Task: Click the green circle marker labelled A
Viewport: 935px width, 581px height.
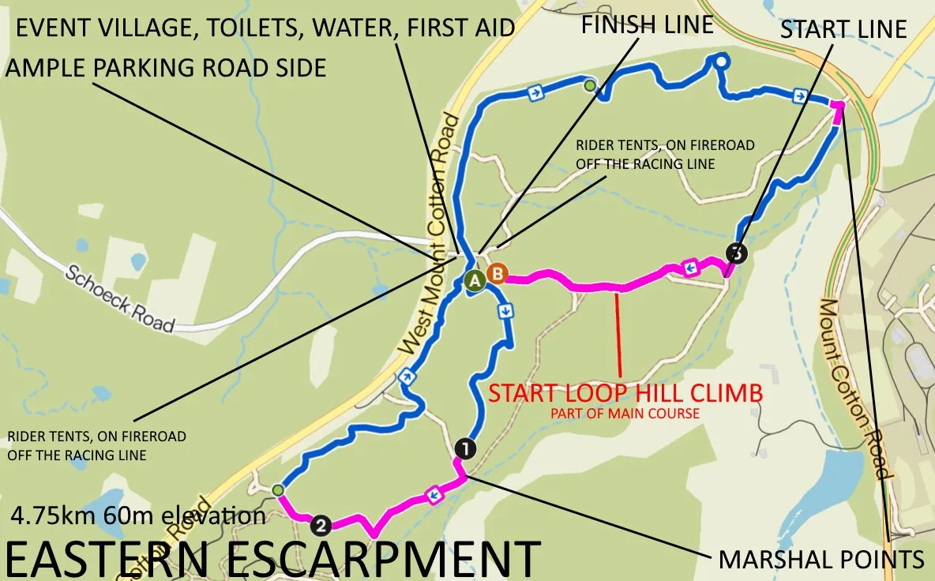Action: point(474,280)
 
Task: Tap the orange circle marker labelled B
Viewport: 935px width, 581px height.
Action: point(498,274)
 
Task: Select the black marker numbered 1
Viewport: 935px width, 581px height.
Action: point(465,448)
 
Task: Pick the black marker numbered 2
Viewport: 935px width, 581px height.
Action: point(320,524)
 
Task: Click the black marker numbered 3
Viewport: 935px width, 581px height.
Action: point(736,253)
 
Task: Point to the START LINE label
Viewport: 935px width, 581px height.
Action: point(843,31)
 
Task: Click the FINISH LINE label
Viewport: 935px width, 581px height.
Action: point(647,24)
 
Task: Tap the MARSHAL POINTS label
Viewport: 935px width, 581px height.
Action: point(820,560)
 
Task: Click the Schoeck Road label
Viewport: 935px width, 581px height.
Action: point(118,298)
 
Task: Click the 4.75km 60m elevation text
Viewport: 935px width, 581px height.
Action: point(138,516)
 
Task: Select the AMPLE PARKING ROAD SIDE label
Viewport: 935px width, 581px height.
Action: point(166,67)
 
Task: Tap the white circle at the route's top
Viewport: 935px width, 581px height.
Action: point(721,61)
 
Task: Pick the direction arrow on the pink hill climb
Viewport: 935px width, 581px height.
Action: point(689,268)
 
